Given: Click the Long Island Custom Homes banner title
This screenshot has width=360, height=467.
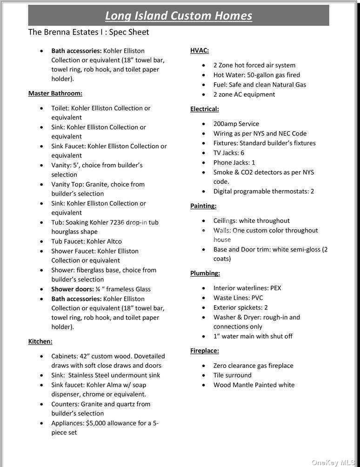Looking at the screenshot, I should pos(179,15).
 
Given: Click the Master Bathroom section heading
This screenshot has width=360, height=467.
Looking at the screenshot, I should pos(55,93).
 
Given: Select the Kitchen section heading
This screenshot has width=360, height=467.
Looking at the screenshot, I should pos(40,341).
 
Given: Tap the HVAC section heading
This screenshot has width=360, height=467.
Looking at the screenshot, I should pos(200,50).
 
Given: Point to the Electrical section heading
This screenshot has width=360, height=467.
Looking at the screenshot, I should pos(204,109).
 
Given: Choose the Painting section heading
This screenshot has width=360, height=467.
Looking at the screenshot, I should pos(203,206).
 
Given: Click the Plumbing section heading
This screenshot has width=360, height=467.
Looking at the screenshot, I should pos(205,273).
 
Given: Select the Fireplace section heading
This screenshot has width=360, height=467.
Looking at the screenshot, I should pos(204,351).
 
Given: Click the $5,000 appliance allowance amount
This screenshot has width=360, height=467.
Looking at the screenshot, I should pos(97,423).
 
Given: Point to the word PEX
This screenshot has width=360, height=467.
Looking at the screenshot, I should pos(275,288).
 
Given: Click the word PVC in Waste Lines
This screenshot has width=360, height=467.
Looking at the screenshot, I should pos(257,298).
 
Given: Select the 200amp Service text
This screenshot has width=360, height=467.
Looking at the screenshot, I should pos(236,124).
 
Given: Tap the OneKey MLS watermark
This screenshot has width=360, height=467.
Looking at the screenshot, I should pos(333,462).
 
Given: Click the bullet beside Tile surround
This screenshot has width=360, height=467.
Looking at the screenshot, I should pos(204,375).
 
